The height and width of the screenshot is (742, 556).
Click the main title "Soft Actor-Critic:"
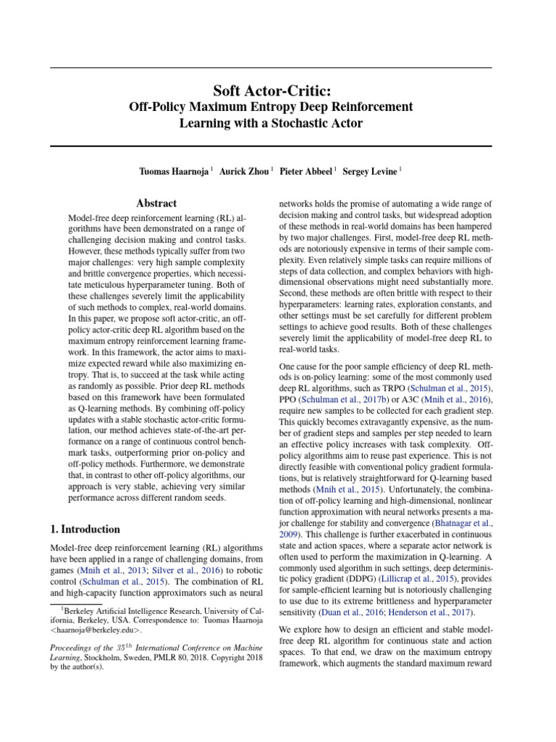coord(271,91)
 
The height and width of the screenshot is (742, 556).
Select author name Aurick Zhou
coord(245,172)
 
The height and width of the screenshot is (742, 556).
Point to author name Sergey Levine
coord(369,172)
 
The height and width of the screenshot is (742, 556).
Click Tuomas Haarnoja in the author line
coord(174,172)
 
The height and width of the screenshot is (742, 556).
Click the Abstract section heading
coord(156,204)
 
